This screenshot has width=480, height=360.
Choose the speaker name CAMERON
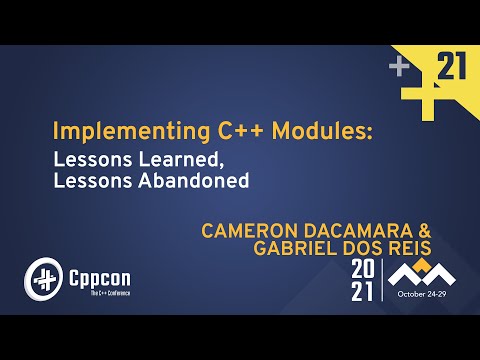(x=246, y=230)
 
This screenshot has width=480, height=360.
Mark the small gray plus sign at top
(x=399, y=68)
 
